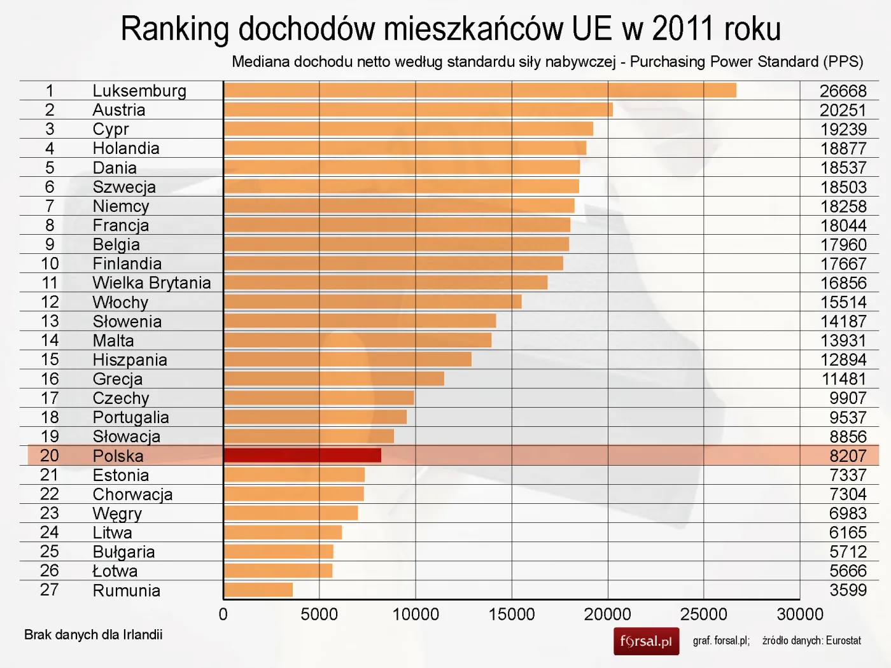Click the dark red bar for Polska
[x=302, y=455]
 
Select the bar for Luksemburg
[x=480, y=90]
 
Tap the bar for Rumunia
[x=258, y=590]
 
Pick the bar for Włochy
[x=372, y=302]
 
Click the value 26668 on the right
[x=843, y=91]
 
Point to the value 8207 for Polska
[x=848, y=456]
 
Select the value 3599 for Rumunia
[x=848, y=590]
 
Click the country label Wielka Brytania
[x=151, y=283]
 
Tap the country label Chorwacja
[x=132, y=494]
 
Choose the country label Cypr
[x=111, y=129]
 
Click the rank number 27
[x=50, y=590]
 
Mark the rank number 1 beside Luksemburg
[x=50, y=91]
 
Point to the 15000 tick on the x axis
[x=512, y=615]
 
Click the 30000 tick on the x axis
[x=799, y=615]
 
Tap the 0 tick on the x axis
[x=223, y=615]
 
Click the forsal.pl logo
[x=646, y=641]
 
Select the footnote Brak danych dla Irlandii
[x=94, y=634]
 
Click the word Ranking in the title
[x=174, y=29]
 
